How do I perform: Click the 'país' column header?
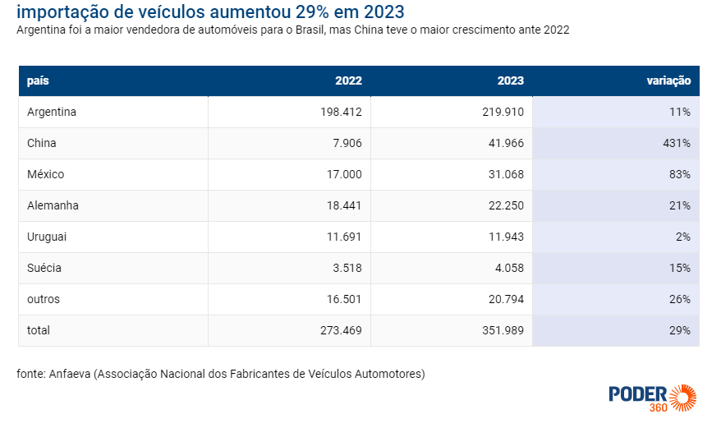tap(38, 81)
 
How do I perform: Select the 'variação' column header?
tap(668, 81)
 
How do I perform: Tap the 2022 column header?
tap(348, 81)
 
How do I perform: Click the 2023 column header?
tap(511, 81)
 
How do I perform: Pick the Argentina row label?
tap(52, 112)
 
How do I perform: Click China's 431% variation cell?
tap(677, 143)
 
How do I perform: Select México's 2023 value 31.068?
tap(506, 174)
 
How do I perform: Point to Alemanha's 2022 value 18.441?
tap(344, 205)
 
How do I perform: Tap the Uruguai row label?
tap(47, 237)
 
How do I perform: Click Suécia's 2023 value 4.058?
tap(509, 268)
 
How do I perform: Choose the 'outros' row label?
tap(44, 299)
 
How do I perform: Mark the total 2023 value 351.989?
tap(503, 330)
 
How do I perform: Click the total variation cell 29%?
tap(680, 330)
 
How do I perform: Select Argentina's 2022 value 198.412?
tap(341, 112)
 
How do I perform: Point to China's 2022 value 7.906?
tap(347, 143)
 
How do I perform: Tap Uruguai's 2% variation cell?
tap(683, 237)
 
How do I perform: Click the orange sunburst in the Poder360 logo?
tap(682, 398)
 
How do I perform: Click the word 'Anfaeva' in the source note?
tap(70, 374)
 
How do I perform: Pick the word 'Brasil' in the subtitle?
tap(310, 30)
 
